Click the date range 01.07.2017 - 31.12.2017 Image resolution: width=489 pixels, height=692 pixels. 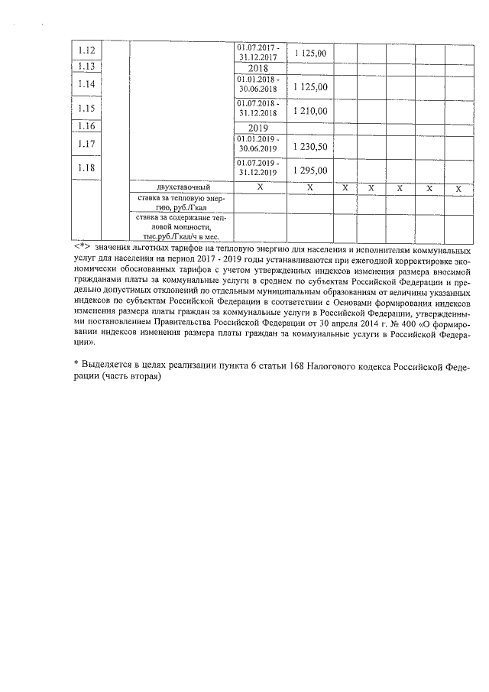[x=259, y=51]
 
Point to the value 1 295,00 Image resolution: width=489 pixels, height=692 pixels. [x=310, y=170]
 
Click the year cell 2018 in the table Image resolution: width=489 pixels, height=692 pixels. [x=259, y=68]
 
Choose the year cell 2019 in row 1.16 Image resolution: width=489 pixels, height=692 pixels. [x=259, y=127]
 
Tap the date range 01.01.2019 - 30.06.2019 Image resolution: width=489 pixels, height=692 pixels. [x=259, y=144]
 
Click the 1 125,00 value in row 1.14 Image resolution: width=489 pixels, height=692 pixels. [x=310, y=88]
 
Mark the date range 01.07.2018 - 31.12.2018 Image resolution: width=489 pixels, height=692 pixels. [x=259, y=107]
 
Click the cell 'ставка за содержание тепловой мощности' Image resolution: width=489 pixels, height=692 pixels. [x=182, y=227]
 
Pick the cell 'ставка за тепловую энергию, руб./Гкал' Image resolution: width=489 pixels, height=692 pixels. [x=182, y=203]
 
